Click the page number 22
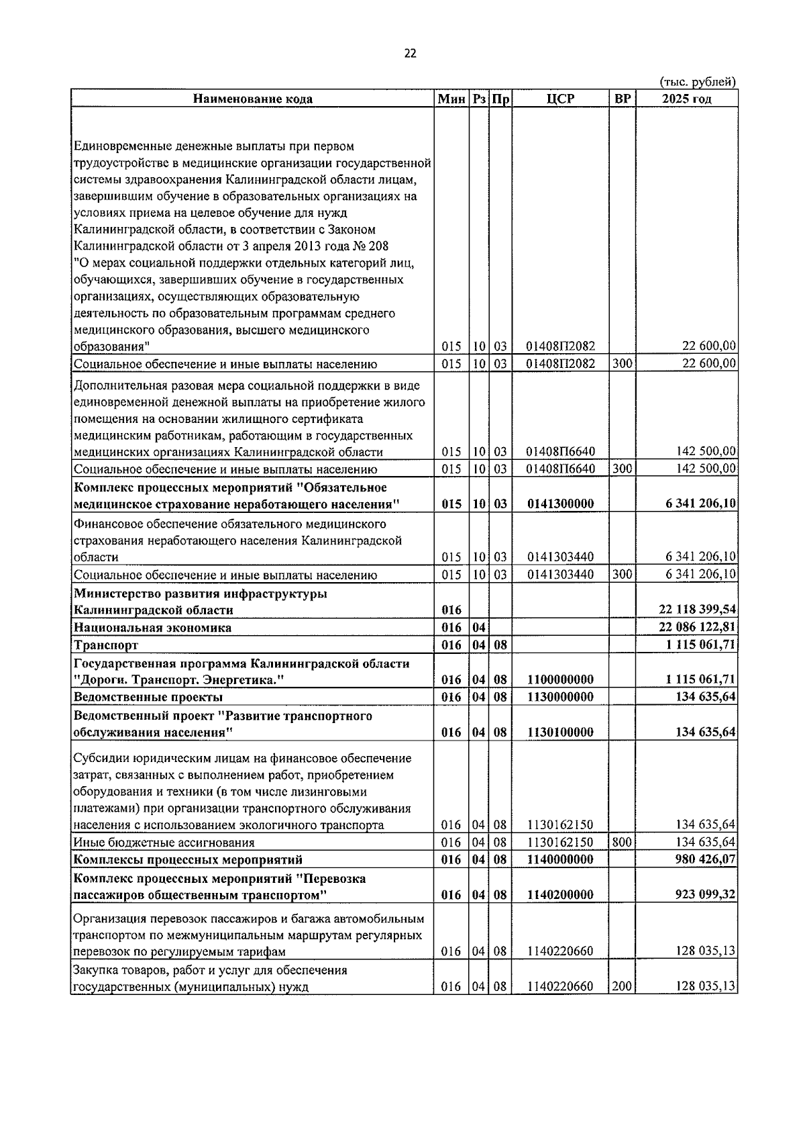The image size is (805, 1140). [x=410, y=54]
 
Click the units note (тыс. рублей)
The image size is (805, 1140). [x=698, y=81]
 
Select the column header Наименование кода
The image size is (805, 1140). [x=253, y=99]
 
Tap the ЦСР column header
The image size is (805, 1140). [x=560, y=99]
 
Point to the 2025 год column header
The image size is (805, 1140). [x=686, y=99]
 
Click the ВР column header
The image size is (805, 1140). [x=623, y=99]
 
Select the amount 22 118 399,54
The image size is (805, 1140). [x=697, y=610]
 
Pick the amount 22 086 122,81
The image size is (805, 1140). [x=697, y=627]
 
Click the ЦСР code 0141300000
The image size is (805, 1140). [x=560, y=504]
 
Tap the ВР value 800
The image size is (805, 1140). [x=622, y=842]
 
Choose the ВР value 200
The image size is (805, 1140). [x=622, y=986]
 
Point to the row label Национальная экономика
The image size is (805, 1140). [x=153, y=628]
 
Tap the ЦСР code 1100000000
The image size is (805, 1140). [x=560, y=679]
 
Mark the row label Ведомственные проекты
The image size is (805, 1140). [x=148, y=697]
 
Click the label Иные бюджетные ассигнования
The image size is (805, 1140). [x=164, y=843]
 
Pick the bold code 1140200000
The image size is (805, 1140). [x=560, y=894]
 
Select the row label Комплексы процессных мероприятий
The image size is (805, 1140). [x=189, y=859]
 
